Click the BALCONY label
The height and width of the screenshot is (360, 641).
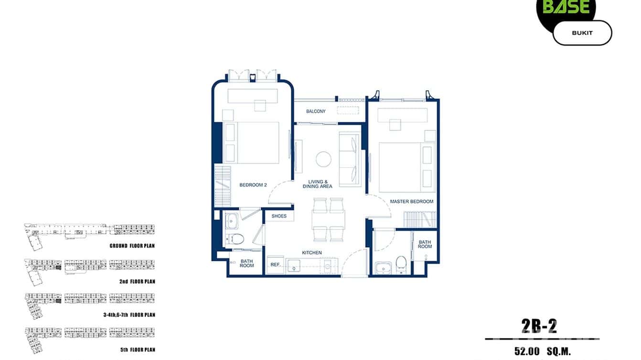click(x=316, y=111)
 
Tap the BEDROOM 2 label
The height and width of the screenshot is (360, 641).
click(x=253, y=185)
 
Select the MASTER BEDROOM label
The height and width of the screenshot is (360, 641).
click(x=411, y=201)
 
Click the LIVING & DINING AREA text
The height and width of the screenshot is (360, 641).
click(x=317, y=184)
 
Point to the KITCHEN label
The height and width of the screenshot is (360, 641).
click(x=311, y=253)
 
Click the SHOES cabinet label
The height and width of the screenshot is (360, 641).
click(x=279, y=216)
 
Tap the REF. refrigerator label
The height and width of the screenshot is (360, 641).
click(x=275, y=265)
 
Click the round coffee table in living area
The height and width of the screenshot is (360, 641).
click(x=323, y=159)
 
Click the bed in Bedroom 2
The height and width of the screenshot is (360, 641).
click(x=257, y=143)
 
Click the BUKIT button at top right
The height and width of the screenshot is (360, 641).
click(x=582, y=33)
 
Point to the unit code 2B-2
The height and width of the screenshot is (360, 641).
click(x=539, y=326)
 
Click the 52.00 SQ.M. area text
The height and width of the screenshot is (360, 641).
click(x=542, y=351)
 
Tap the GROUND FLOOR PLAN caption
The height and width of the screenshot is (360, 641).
click(x=131, y=246)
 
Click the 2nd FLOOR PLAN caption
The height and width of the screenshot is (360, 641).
click(x=137, y=282)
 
